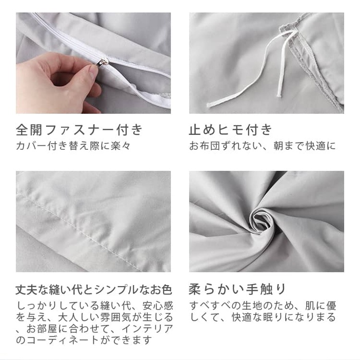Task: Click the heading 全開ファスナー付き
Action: [x=79, y=130]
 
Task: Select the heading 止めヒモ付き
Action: [x=231, y=130]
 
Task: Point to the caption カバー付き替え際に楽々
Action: [x=73, y=146]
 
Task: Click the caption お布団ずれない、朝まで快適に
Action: [x=263, y=146]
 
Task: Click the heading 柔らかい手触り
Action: [x=237, y=289]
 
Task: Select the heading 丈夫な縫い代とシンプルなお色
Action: [x=94, y=289]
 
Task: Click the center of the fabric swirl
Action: [x=262, y=221]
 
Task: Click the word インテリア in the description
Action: [x=147, y=329]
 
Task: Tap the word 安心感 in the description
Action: [x=158, y=306]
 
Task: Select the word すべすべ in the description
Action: [x=210, y=306]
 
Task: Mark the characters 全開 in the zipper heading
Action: [x=29, y=130]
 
